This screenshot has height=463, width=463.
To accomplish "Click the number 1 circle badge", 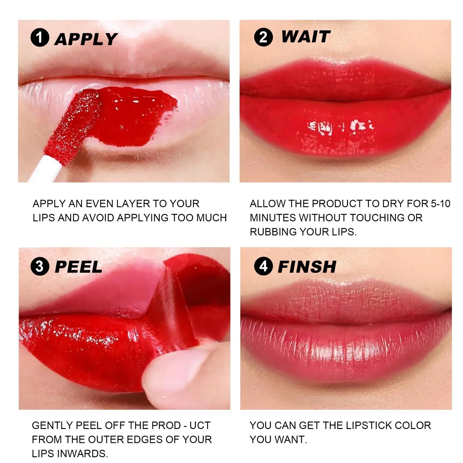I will point(40,38).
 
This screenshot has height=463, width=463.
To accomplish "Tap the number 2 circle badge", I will point(263,37).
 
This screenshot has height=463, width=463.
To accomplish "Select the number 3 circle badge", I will point(40,267).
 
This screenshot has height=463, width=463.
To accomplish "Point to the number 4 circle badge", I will point(263,267).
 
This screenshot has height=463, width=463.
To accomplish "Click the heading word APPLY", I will point(86,39).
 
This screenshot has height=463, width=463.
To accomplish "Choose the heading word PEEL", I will point(79,267).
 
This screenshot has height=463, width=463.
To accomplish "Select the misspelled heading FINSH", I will point(307,267).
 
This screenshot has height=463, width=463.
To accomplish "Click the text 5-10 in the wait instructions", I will point(441,204).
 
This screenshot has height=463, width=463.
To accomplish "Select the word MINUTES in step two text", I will point(273,218).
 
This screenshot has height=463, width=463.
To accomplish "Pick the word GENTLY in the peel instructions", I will point(52,426).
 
